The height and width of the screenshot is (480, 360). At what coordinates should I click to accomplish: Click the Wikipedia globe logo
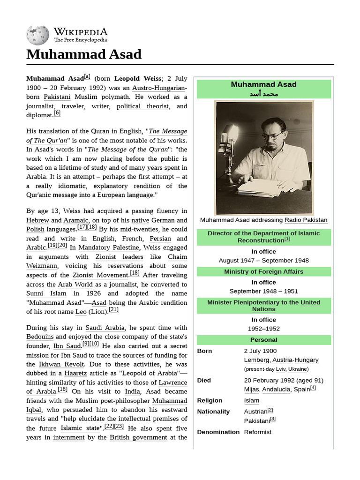coord(37,36)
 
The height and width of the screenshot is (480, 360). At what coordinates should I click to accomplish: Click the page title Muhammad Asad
coord(83,54)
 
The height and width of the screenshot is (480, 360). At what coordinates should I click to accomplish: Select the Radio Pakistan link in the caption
coord(306,220)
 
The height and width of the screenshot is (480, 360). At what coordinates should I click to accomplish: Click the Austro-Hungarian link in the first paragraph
coord(159,88)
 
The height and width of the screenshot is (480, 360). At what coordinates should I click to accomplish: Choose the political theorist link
coord(142,106)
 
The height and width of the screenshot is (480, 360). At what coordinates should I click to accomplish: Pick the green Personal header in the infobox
coord(263,340)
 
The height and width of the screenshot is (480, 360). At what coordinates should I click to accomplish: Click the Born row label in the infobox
coord(204,351)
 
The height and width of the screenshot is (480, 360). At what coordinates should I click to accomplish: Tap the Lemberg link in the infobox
coord(256,360)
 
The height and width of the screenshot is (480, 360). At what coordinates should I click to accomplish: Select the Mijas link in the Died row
coord(252,390)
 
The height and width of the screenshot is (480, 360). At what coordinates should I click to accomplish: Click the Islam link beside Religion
coord(251,401)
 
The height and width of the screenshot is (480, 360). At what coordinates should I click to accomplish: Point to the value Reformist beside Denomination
coord(257,432)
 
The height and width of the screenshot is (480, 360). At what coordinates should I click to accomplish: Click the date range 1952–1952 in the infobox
coord(263,329)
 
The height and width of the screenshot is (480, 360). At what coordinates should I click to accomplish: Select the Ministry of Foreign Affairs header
coord(263,272)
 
